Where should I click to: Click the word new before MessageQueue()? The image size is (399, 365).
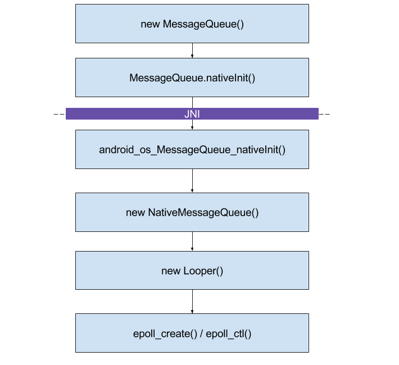coord(150,24)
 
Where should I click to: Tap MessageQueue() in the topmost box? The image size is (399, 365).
coord(203,24)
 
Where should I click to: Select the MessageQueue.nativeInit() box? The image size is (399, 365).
coord(192,77)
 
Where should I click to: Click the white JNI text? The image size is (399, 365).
coord(192,114)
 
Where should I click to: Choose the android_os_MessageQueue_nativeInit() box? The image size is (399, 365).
coord(192,149)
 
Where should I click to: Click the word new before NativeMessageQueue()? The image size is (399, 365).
coord(135,213)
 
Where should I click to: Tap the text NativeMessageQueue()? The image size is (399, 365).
coord(203,213)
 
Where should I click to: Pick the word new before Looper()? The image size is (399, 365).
coord(171,271)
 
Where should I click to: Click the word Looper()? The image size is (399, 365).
coord(203,271)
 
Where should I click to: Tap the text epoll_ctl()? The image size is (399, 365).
coord(229,334)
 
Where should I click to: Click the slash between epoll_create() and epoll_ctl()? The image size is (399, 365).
coord(202,334)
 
